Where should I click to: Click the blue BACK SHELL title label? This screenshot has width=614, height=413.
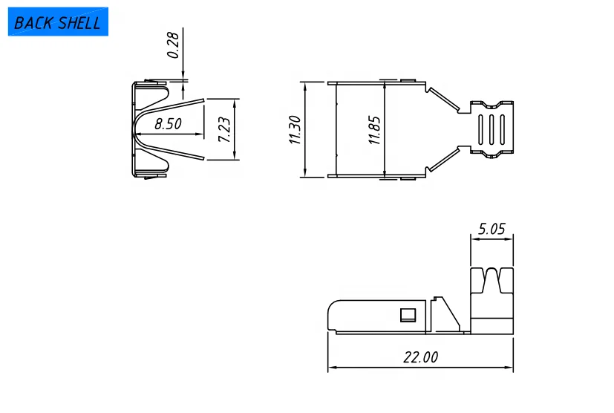point(58,22)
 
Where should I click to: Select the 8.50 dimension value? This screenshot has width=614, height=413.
point(168,124)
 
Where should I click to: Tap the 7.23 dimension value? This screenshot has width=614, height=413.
point(224,129)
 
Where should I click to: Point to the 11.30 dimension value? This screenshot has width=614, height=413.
point(295,129)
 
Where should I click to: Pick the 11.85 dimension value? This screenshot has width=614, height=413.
point(375,129)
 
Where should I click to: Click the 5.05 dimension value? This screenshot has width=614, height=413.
point(491,229)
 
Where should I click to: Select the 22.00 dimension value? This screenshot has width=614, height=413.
point(420,357)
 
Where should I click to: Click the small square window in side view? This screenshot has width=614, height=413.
point(407,315)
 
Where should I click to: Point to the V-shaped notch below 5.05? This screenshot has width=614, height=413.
point(492,281)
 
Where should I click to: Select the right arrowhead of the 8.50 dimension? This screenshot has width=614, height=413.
point(200,134)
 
